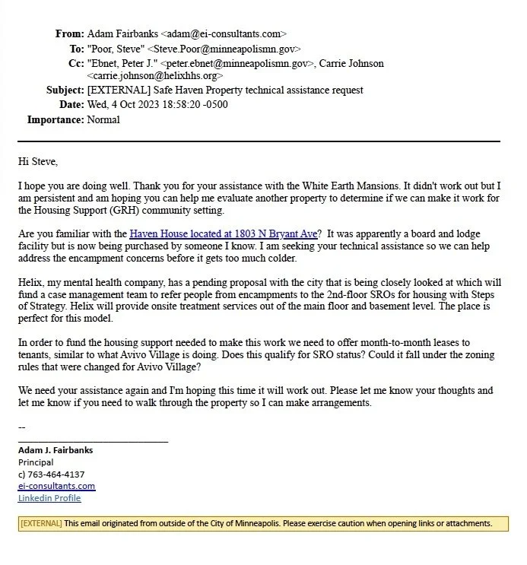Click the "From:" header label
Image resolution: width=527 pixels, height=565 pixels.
[x=69, y=34]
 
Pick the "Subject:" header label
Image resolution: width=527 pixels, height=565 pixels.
[x=63, y=91]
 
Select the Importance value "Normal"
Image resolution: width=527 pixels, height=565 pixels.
[x=103, y=120]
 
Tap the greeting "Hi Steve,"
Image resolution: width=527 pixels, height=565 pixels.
[x=38, y=161]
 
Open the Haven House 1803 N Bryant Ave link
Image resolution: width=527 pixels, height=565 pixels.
[x=223, y=234]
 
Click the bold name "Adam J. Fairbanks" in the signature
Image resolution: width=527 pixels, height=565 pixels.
[x=56, y=450]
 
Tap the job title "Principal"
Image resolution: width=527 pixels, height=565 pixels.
[x=36, y=462]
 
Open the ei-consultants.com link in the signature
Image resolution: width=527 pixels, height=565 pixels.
[x=56, y=487]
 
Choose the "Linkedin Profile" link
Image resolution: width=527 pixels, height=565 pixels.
[x=49, y=499]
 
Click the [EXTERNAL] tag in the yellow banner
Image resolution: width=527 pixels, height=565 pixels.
[x=41, y=523]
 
